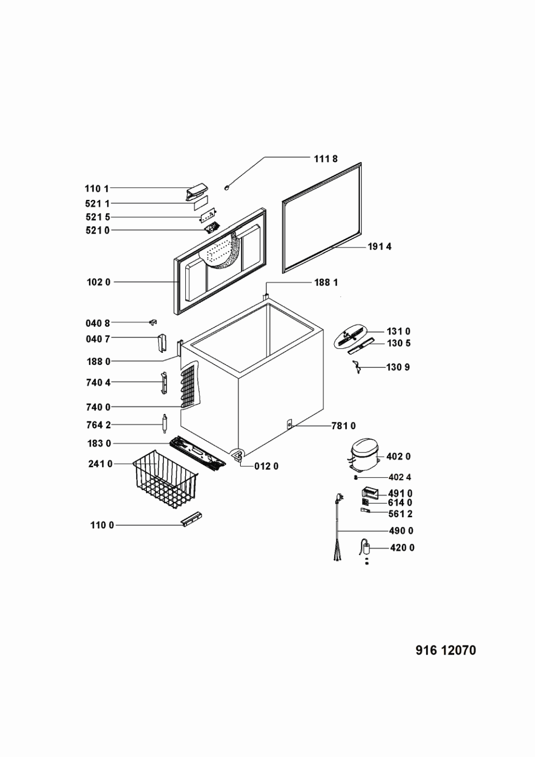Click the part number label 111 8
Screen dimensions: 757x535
point(326,159)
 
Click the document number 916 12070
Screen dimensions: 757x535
point(446,651)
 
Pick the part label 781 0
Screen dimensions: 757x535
point(343,426)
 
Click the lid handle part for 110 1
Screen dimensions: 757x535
point(196,192)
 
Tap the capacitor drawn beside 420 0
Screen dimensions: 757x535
point(366,548)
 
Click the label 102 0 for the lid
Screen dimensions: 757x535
point(98,282)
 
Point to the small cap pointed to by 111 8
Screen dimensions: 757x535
point(228,188)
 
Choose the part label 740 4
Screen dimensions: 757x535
point(98,383)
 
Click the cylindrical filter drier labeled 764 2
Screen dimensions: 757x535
point(164,424)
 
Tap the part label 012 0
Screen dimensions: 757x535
point(266,466)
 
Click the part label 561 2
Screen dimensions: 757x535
point(400,514)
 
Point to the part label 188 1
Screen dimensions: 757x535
point(326,282)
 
